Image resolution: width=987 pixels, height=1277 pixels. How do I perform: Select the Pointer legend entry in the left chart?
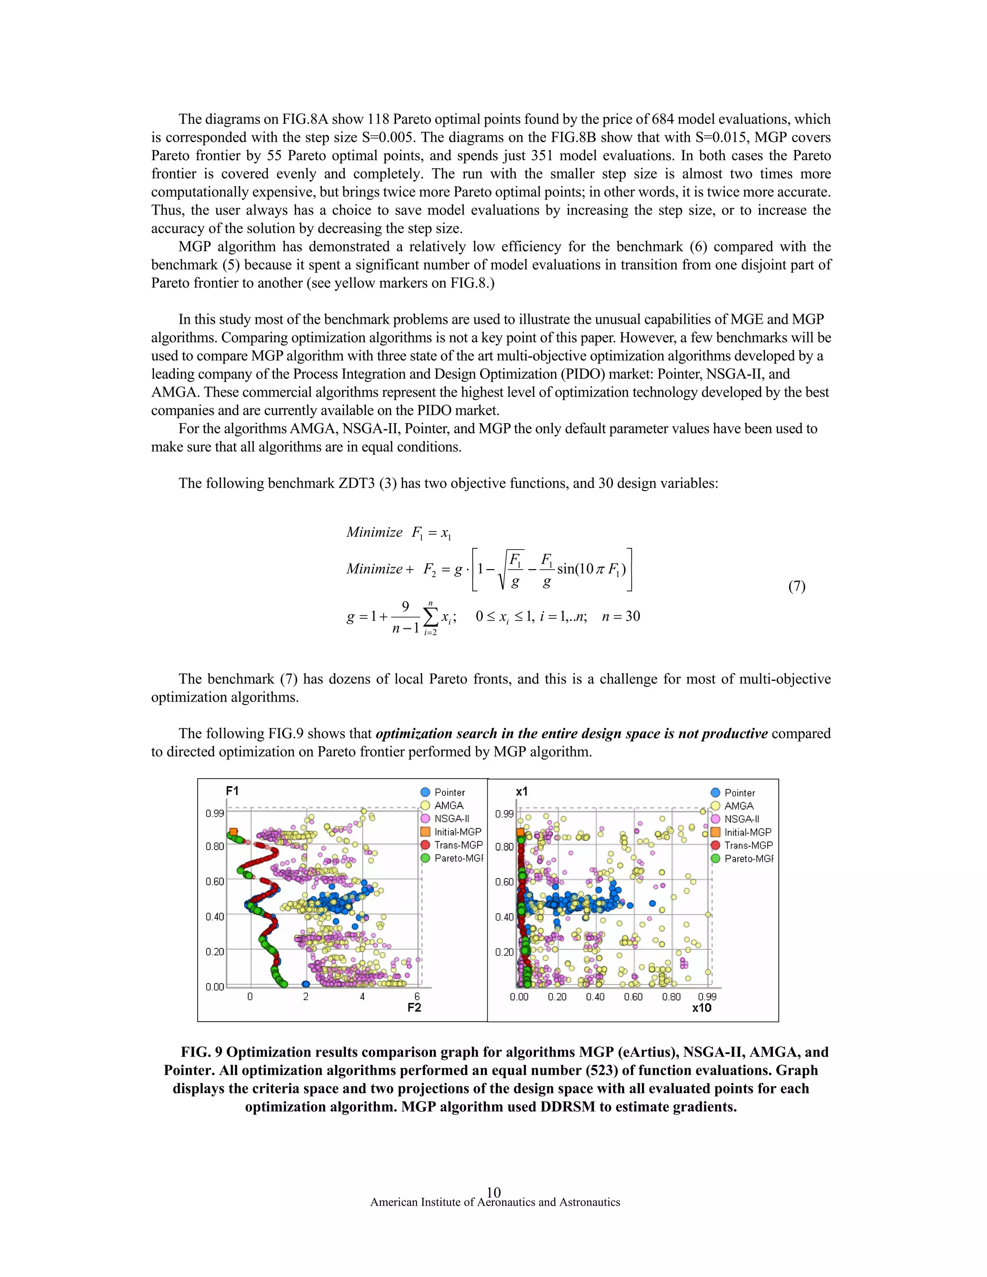coord(449,792)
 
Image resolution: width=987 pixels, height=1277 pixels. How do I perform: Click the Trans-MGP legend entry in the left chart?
coord(458,845)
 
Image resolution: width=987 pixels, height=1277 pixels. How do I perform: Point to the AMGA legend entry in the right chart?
coord(738,806)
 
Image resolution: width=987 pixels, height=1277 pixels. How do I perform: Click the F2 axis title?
coord(414,1008)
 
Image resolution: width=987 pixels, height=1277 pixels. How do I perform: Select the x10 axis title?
coord(701,1008)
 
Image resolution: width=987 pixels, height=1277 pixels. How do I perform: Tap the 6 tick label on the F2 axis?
coord(417,997)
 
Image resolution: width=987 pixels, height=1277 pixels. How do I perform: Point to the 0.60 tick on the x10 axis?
coord(633,997)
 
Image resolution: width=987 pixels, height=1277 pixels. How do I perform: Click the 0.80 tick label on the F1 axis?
coord(214,846)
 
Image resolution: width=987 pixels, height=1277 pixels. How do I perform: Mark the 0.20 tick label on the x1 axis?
coord(504,952)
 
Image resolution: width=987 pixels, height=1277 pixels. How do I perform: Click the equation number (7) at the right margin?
coord(796,586)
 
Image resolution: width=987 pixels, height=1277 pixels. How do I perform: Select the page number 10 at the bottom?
coord(493,1192)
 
